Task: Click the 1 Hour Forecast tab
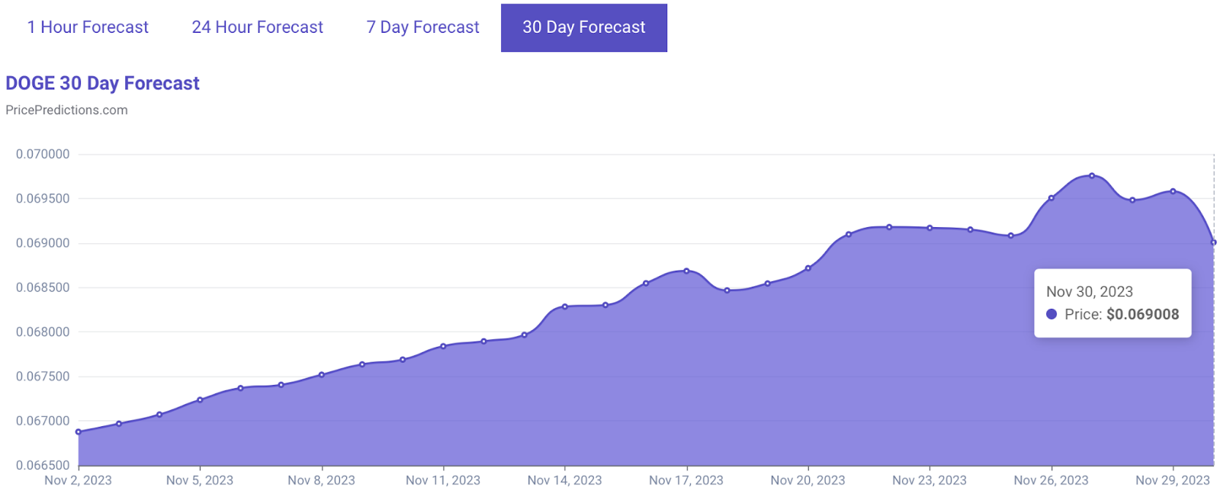tap(88, 27)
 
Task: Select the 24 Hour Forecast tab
tap(257, 27)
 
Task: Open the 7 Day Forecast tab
tap(422, 27)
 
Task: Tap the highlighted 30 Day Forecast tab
tap(583, 27)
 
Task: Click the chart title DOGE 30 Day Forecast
tap(102, 83)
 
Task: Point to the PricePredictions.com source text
tap(66, 110)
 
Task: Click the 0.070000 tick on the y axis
tap(43, 154)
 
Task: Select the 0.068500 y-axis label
tap(43, 287)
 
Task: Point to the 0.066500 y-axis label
tap(43, 465)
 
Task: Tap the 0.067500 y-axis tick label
tap(43, 377)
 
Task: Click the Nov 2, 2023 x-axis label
tap(78, 480)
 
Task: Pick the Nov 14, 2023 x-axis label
tap(564, 480)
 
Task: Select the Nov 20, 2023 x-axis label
tap(807, 480)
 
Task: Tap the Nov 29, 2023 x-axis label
tap(1172, 480)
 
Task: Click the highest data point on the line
tap(1092, 176)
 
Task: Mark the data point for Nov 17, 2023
tap(686, 271)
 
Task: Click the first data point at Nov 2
tap(79, 432)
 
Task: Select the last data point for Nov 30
tap(1213, 242)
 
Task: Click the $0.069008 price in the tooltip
tap(1142, 314)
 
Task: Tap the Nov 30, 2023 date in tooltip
tap(1089, 291)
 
